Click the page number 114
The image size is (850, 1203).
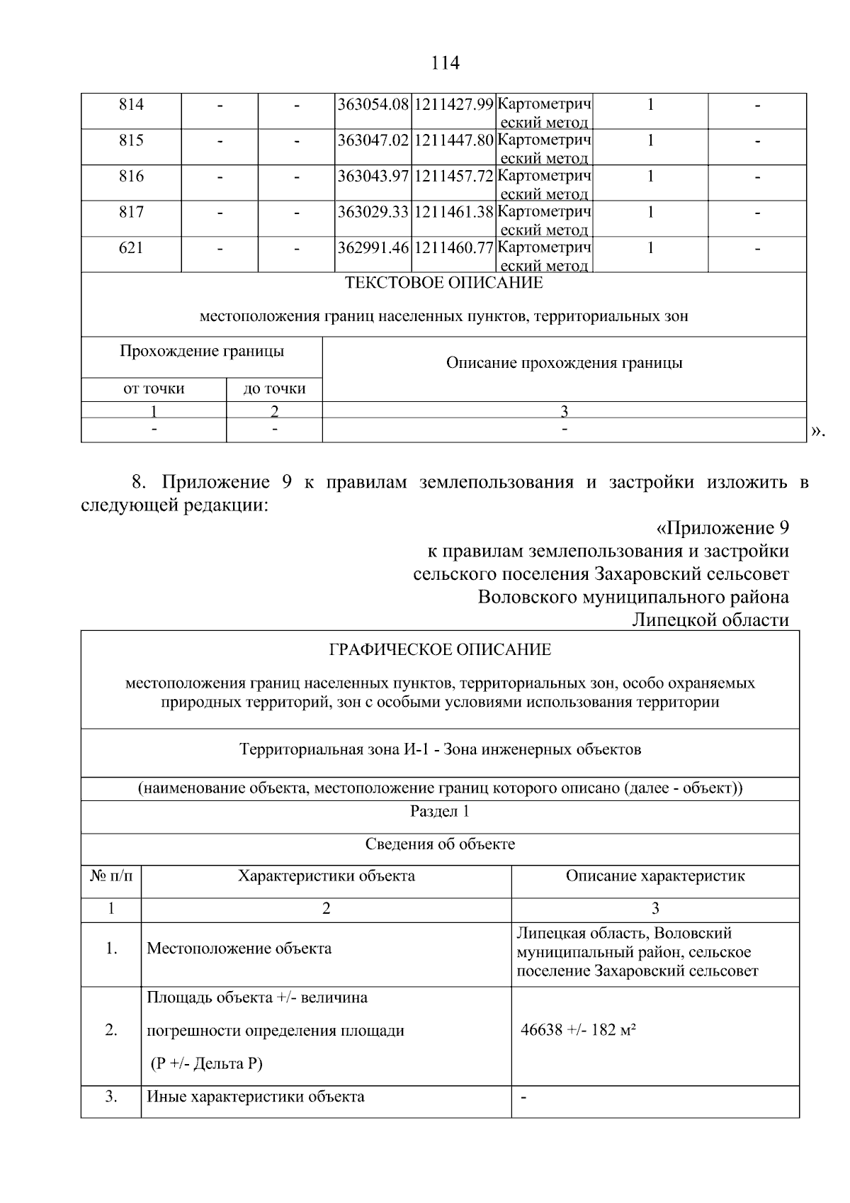tap(445, 63)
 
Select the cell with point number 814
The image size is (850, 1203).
tap(131, 105)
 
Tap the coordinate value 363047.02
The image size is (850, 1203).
tap(373, 140)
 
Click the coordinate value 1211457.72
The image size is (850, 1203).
tap(453, 176)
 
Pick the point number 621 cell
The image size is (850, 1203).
tap(131, 247)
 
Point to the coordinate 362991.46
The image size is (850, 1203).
tap(373, 247)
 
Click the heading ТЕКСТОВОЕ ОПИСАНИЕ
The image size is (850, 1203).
tap(443, 283)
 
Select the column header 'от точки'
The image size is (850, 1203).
tap(154, 388)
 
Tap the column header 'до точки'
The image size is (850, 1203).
tap(274, 388)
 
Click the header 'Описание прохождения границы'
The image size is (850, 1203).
tap(564, 363)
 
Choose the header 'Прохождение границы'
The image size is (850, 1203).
tap(202, 351)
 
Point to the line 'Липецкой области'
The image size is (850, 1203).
tap(710, 620)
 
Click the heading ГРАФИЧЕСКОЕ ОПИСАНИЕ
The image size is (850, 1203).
tap(440, 649)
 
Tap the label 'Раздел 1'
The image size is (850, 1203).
tap(440, 812)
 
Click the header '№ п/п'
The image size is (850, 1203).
tap(111, 876)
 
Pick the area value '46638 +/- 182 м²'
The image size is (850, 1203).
tap(578, 1030)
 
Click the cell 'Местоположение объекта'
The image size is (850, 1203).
tap(239, 949)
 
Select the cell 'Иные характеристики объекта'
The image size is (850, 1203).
tap(255, 1097)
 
